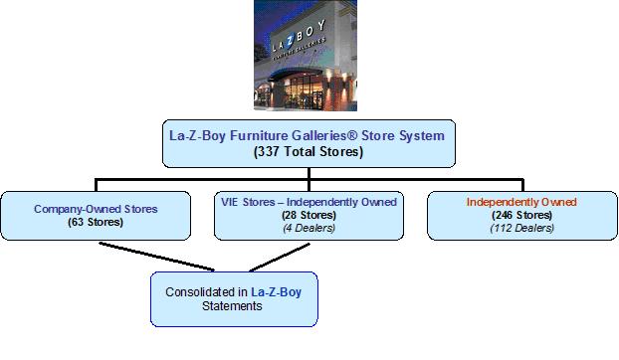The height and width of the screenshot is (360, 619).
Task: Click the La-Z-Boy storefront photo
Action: (306, 56)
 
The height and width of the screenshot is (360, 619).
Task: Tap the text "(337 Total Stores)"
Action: (309, 152)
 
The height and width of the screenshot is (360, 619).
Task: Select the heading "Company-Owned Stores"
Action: (96, 209)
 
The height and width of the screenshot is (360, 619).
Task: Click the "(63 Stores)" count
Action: (96, 222)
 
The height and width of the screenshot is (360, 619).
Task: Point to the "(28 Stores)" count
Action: (309, 215)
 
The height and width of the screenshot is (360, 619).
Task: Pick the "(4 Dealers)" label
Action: (309, 228)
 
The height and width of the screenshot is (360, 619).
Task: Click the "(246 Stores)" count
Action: (521, 215)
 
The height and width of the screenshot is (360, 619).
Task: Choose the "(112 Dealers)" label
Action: (521, 228)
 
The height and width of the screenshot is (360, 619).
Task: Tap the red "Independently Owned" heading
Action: (521, 202)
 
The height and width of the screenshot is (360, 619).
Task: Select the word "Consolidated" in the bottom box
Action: (201, 292)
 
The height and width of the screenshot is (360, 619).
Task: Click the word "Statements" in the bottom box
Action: (232, 306)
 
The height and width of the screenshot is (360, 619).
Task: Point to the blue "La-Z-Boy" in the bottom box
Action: (277, 292)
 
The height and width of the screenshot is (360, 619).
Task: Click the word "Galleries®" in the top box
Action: (324, 135)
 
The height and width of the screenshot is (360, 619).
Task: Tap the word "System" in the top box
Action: (422, 136)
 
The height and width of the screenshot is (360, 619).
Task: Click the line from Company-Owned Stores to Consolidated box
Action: (156, 257)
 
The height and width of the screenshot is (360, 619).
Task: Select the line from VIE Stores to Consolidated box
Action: (280, 258)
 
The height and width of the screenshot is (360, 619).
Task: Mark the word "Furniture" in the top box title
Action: (259, 135)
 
